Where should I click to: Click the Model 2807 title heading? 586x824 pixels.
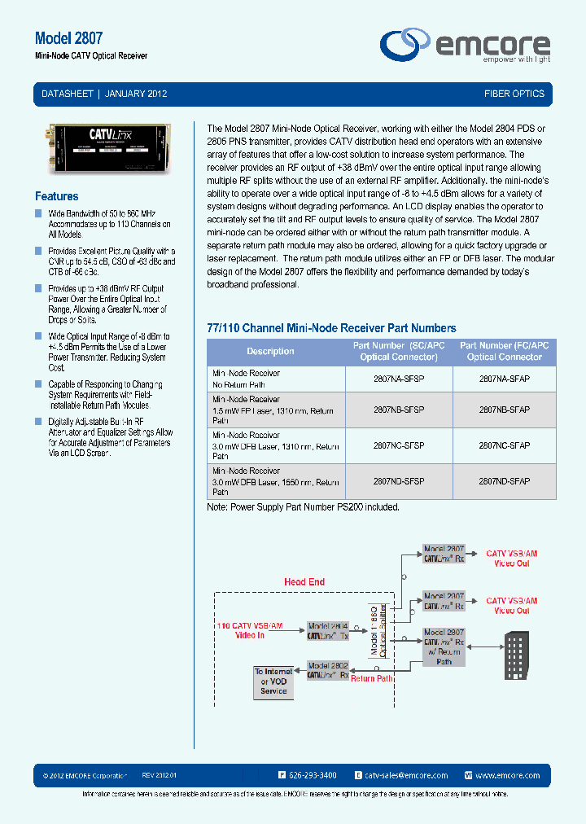[x=68, y=38]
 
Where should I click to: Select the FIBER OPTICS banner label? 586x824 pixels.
[x=514, y=94]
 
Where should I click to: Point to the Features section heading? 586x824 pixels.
[x=57, y=196]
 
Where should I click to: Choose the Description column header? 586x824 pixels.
[x=270, y=352]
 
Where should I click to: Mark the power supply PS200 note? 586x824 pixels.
[x=304, y=506]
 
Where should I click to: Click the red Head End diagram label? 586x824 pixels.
[x=304, y=581]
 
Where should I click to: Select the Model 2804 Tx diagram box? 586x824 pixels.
[x=328, y=631]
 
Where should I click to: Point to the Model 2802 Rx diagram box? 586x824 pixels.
[x=328, y=670]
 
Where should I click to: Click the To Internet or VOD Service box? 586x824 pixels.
[x=273, y=682]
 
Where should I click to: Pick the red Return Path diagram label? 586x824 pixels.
[x=372, y=678]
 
